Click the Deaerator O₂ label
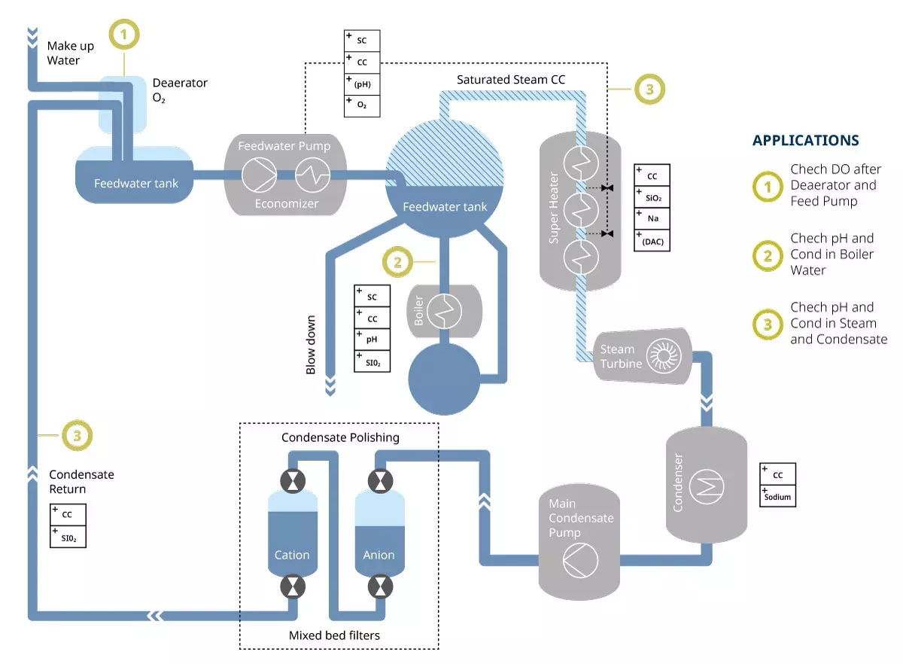180,90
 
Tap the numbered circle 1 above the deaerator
126,34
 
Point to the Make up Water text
71,53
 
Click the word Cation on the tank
292,555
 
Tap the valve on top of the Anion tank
378,480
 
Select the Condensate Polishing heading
340,437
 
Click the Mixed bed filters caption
335,635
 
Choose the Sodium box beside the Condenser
777,496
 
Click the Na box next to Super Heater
652,218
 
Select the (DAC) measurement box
652,240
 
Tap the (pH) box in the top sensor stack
362,84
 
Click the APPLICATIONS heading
805,140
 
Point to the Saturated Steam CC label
510,79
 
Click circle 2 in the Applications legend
768,255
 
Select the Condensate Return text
81,482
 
